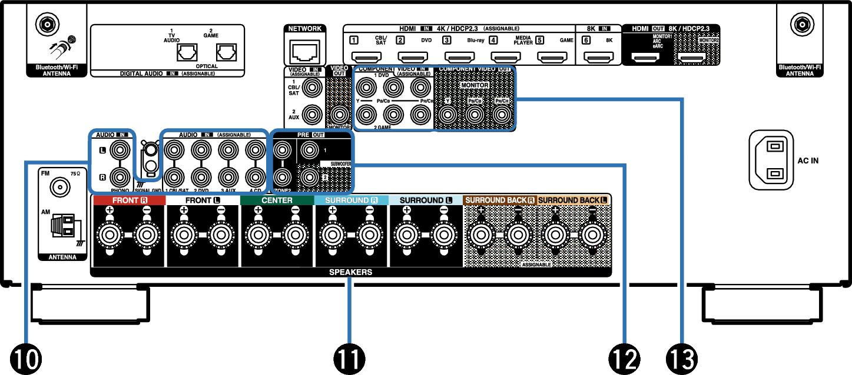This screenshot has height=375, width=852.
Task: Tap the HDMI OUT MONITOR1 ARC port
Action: click(x=645, y=58)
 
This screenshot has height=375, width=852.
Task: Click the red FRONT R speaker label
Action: click(x=129, y=200)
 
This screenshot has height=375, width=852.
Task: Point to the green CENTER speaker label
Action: click(x=277, y=200)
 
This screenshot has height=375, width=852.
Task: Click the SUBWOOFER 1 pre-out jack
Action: click(x=309, y=150)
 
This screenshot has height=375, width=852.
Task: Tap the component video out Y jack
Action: click(x=449, y=116)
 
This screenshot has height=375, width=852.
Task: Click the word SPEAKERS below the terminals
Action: click(x=351, y=272)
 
